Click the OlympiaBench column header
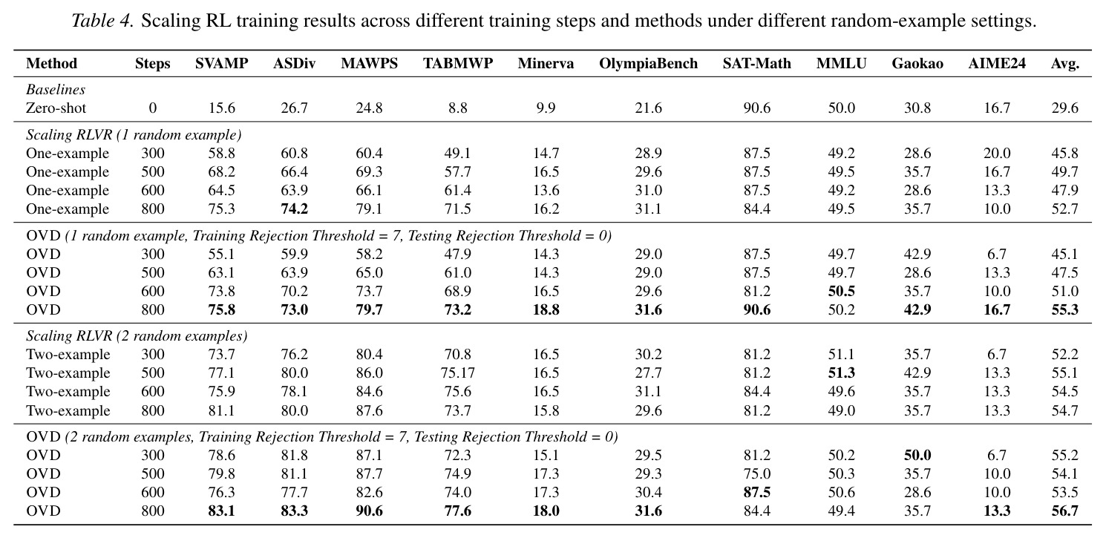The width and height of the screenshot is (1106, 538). point(648,64)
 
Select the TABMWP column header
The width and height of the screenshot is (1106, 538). point(458,64)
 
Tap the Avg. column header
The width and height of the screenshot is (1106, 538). point(1065,64)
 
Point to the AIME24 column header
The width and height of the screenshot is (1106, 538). point(997,64)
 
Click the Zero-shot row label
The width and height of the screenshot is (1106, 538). point(56,108)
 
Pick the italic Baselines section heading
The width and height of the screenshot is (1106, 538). point(55,89)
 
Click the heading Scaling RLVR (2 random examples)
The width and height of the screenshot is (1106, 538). point(137,336)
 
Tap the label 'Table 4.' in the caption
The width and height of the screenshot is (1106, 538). point(102,21)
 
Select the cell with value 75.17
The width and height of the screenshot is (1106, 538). point(458,373)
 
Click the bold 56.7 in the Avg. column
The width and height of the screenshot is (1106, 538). point(1065,511)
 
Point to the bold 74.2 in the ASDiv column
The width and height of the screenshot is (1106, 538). point(294,209)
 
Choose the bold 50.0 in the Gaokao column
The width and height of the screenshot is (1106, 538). point(917,455)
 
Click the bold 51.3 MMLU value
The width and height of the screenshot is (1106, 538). point(841,373)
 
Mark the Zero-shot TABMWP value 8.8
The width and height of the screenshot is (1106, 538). point(458,108)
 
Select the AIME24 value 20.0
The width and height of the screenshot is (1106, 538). point(997,153)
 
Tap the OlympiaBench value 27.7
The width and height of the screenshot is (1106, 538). point(648,373)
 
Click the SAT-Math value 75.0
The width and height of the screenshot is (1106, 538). point(757,474)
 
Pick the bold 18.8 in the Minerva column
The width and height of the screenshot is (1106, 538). point(546,310)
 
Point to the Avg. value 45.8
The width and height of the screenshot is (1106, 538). point(1065,153)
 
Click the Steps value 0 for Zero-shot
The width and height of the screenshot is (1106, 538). point(153,108)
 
